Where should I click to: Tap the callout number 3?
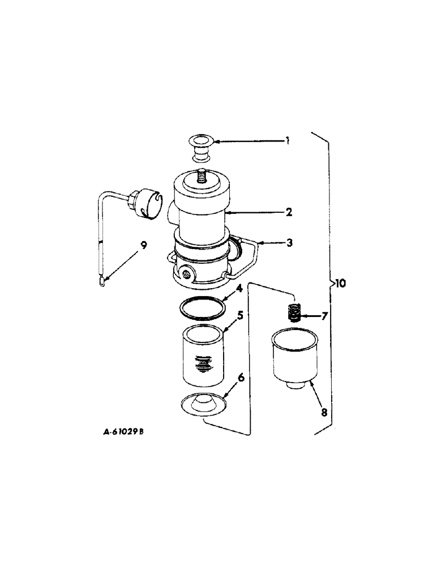[x=289, y=243]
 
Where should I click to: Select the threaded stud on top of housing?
[x=202, y=177]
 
